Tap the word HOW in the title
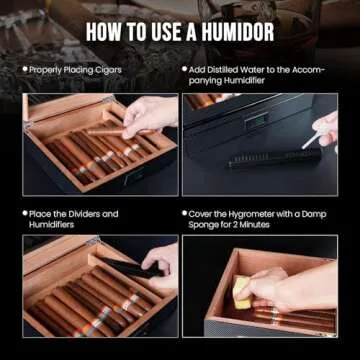106,30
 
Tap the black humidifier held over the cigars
130,268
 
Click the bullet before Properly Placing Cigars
25,70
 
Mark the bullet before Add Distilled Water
186,70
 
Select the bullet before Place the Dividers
25,213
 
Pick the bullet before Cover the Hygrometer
186,213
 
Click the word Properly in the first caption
47,70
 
